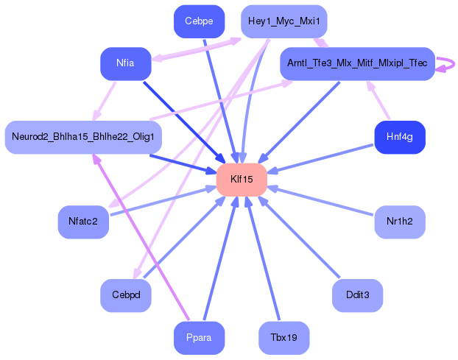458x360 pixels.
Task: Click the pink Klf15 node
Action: (x=242, y=180)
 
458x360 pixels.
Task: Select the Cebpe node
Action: (x=200, y=21)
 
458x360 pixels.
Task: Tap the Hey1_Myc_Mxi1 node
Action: (x=284, y=21)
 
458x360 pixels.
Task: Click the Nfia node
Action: (x=126, y=63)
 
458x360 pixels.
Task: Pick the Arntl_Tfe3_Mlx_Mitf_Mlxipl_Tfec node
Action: (x=358, y=63)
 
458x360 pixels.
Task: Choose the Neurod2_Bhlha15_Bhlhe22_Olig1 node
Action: (x=83, y=137)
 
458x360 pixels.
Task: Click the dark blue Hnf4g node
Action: (x=400, y=137)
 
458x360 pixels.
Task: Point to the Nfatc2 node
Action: (x=83, y=222)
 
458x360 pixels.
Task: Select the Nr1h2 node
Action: (x=400, y=222)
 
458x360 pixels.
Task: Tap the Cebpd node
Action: (x=126, y=295)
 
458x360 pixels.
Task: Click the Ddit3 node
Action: (x=358, y=295)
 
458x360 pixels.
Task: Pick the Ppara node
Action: (x=200, y=338)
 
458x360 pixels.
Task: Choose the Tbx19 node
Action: (x=284, y=338)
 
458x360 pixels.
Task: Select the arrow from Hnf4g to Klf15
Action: (x=320, y=158)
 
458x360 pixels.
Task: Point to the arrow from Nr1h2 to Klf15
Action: (x=320, y=201)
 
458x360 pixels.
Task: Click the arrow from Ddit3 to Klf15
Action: (x=299, y=237)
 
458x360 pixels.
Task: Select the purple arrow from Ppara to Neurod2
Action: (x=141, y=237)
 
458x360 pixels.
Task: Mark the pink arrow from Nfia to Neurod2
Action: (x=105, y=101)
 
